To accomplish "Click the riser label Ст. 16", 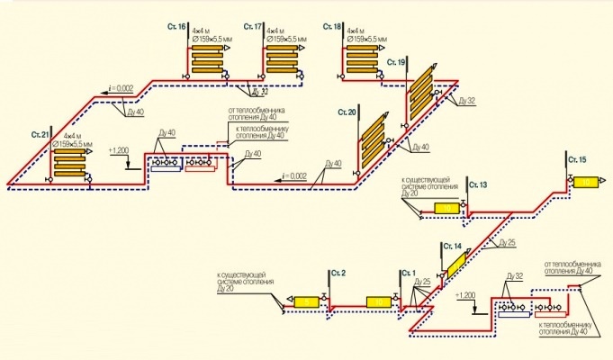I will (176, 28).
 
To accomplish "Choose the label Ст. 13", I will (478, 184).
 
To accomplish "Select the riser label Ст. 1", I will (410, 272).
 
